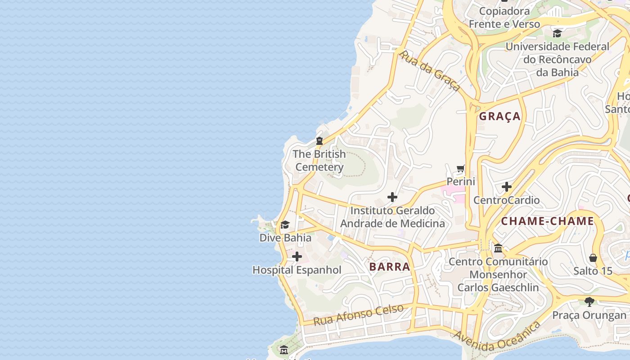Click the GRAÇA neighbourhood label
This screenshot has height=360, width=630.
tap(499, 117)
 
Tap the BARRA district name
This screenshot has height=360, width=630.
tap(390, 266)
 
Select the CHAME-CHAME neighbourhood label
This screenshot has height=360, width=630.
tap(547, 221)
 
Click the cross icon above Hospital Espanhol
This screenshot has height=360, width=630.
tap(297, 257)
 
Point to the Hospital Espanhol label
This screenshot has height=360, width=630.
tap(297, 270)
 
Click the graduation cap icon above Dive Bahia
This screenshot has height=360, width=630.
tap(285, 225)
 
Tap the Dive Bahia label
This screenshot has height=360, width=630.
tap(285, 238)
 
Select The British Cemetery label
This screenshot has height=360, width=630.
tap(319, 161)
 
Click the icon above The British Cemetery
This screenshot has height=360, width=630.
tap(319, 141)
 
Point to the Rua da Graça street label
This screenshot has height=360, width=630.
tap(430, 71)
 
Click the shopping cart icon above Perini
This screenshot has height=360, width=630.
tap(461, 169)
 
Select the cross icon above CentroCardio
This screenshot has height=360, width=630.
tap(507, 187)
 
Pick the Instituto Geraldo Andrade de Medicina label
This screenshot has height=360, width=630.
tap(392, 217)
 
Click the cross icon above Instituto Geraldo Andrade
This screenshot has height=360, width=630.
tap(392, 197)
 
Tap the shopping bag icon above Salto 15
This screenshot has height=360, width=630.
tap(593, 258)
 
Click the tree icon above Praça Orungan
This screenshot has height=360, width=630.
tap(589, 301)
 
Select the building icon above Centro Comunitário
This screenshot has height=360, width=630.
tap(498, 248)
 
